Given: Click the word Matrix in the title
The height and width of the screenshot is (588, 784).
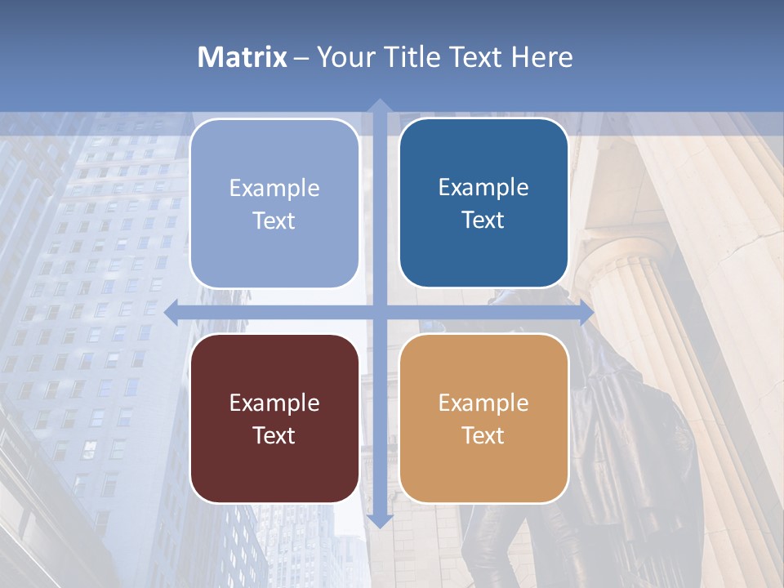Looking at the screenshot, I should [x=243, y=57].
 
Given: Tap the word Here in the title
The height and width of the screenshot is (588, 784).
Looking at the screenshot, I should [x=541, y=57].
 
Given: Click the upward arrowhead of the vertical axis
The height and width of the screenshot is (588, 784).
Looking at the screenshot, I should [x=379, y=105].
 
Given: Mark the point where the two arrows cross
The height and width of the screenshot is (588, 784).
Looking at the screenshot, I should [x=379, y=313].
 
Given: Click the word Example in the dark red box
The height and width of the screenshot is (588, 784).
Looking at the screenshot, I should [x=274, y=403].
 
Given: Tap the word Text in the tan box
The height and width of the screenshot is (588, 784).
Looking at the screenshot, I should [x=483, y=435].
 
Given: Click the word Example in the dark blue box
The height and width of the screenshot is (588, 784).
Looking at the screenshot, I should [x=483, y=187].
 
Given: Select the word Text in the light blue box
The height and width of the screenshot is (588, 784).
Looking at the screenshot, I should [x=274, y=220].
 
